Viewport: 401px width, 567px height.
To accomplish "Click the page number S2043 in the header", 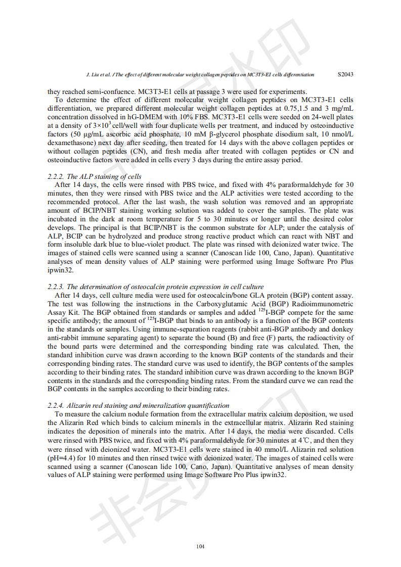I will (x=345, y=74).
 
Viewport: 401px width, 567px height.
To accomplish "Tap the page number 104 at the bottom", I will (x=200, y=546).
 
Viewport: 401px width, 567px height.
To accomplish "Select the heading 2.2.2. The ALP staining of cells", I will (x=95, y=176).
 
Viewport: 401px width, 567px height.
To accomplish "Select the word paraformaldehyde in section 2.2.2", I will (x=289, y=184).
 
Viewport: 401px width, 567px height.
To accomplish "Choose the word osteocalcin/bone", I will (x=200, y=295).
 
